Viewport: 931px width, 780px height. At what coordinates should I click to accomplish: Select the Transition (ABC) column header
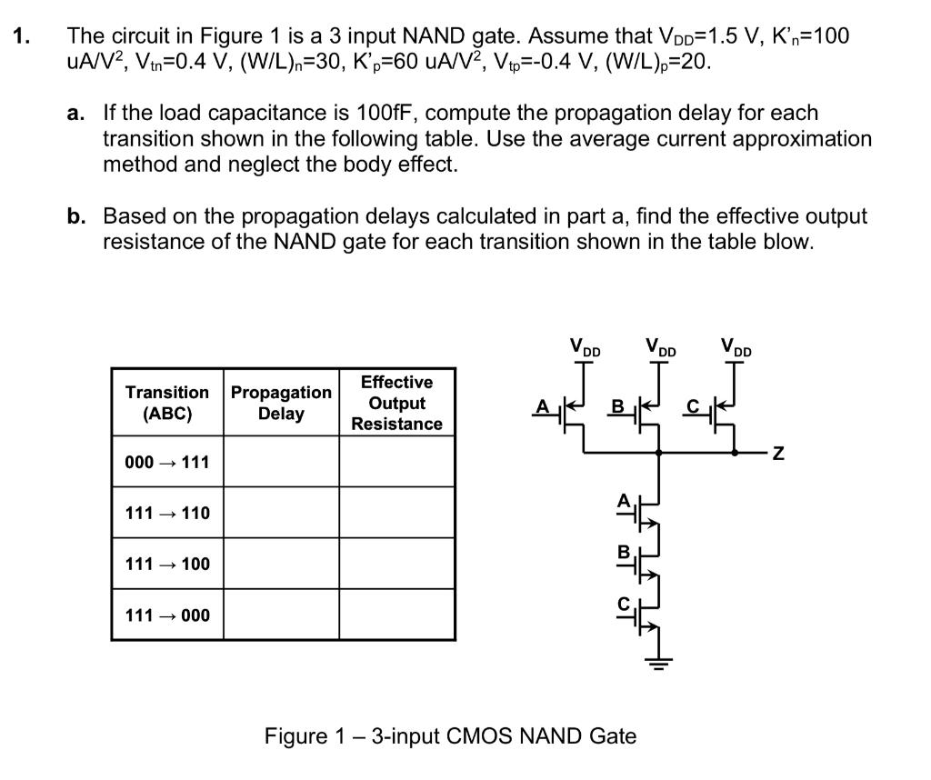coord(167,403)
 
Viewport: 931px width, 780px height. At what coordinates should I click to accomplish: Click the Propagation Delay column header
coord(281,403)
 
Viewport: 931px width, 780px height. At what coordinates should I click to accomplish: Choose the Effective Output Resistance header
coord(396,403)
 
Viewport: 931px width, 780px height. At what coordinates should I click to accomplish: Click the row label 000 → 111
coord(167,462)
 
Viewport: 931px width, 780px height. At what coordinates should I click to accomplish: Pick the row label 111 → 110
coord(167,513)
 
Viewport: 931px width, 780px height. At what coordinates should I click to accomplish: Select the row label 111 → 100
coord(167,564)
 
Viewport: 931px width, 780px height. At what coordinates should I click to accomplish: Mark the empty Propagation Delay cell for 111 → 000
coord(281,615)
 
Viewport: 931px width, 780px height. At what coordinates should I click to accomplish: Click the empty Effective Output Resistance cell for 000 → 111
coord(396,462)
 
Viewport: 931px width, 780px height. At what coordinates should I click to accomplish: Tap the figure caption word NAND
coord(548,735)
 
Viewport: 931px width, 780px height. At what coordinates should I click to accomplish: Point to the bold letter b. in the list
coord(76,216)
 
